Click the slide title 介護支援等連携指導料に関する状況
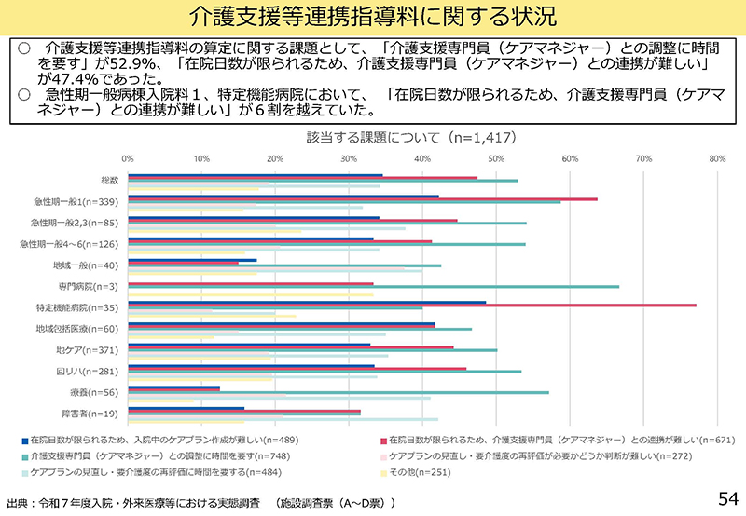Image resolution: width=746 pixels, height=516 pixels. tap(372, 16)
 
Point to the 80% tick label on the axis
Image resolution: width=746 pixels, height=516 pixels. tap(717, 159)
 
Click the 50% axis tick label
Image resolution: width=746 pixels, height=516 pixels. tap(496, 159)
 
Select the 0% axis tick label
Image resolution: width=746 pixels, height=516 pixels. tap(128, 159)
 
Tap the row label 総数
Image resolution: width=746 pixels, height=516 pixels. tap(109, 180)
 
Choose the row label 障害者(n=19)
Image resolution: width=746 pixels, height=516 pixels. tap(98, 413)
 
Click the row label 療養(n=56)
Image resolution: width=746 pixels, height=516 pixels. tap(99, 392)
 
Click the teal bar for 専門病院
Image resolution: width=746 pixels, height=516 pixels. tap(373, 287)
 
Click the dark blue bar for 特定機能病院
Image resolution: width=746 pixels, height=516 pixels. tap(307, 302)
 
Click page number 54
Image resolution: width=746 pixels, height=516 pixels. tap(726, 497)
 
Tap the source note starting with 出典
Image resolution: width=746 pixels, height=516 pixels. tap(200, 503)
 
